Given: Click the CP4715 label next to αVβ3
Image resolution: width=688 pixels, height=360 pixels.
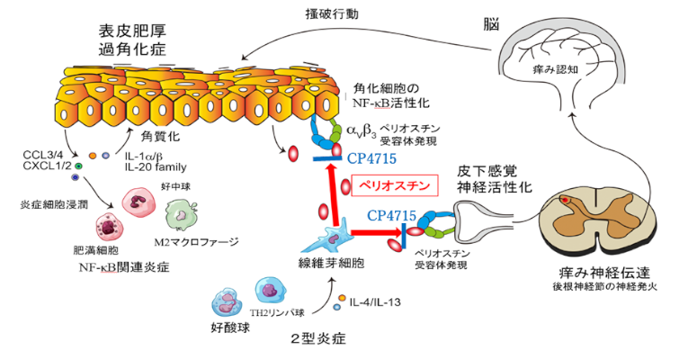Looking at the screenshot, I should coord(371,159).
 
